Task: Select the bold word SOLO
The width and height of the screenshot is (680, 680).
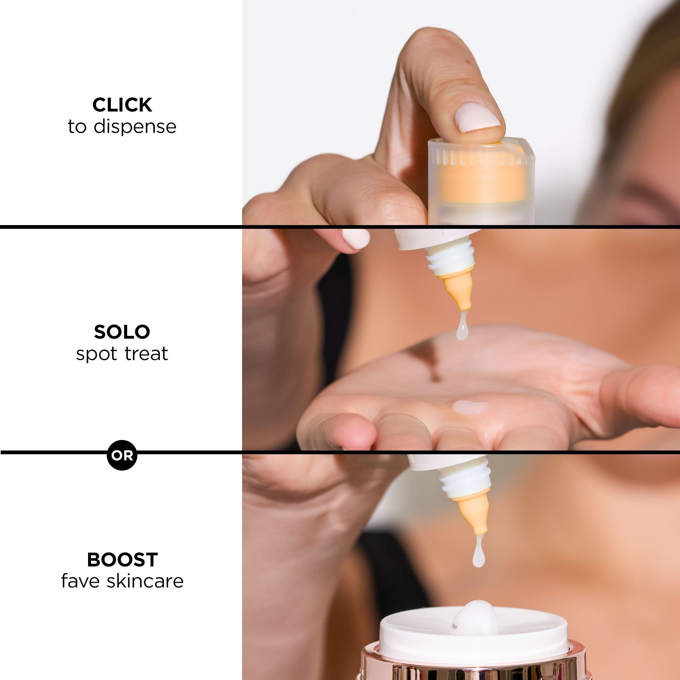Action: tap(122, 331)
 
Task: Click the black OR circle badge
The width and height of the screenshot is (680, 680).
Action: tap(122, 456)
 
